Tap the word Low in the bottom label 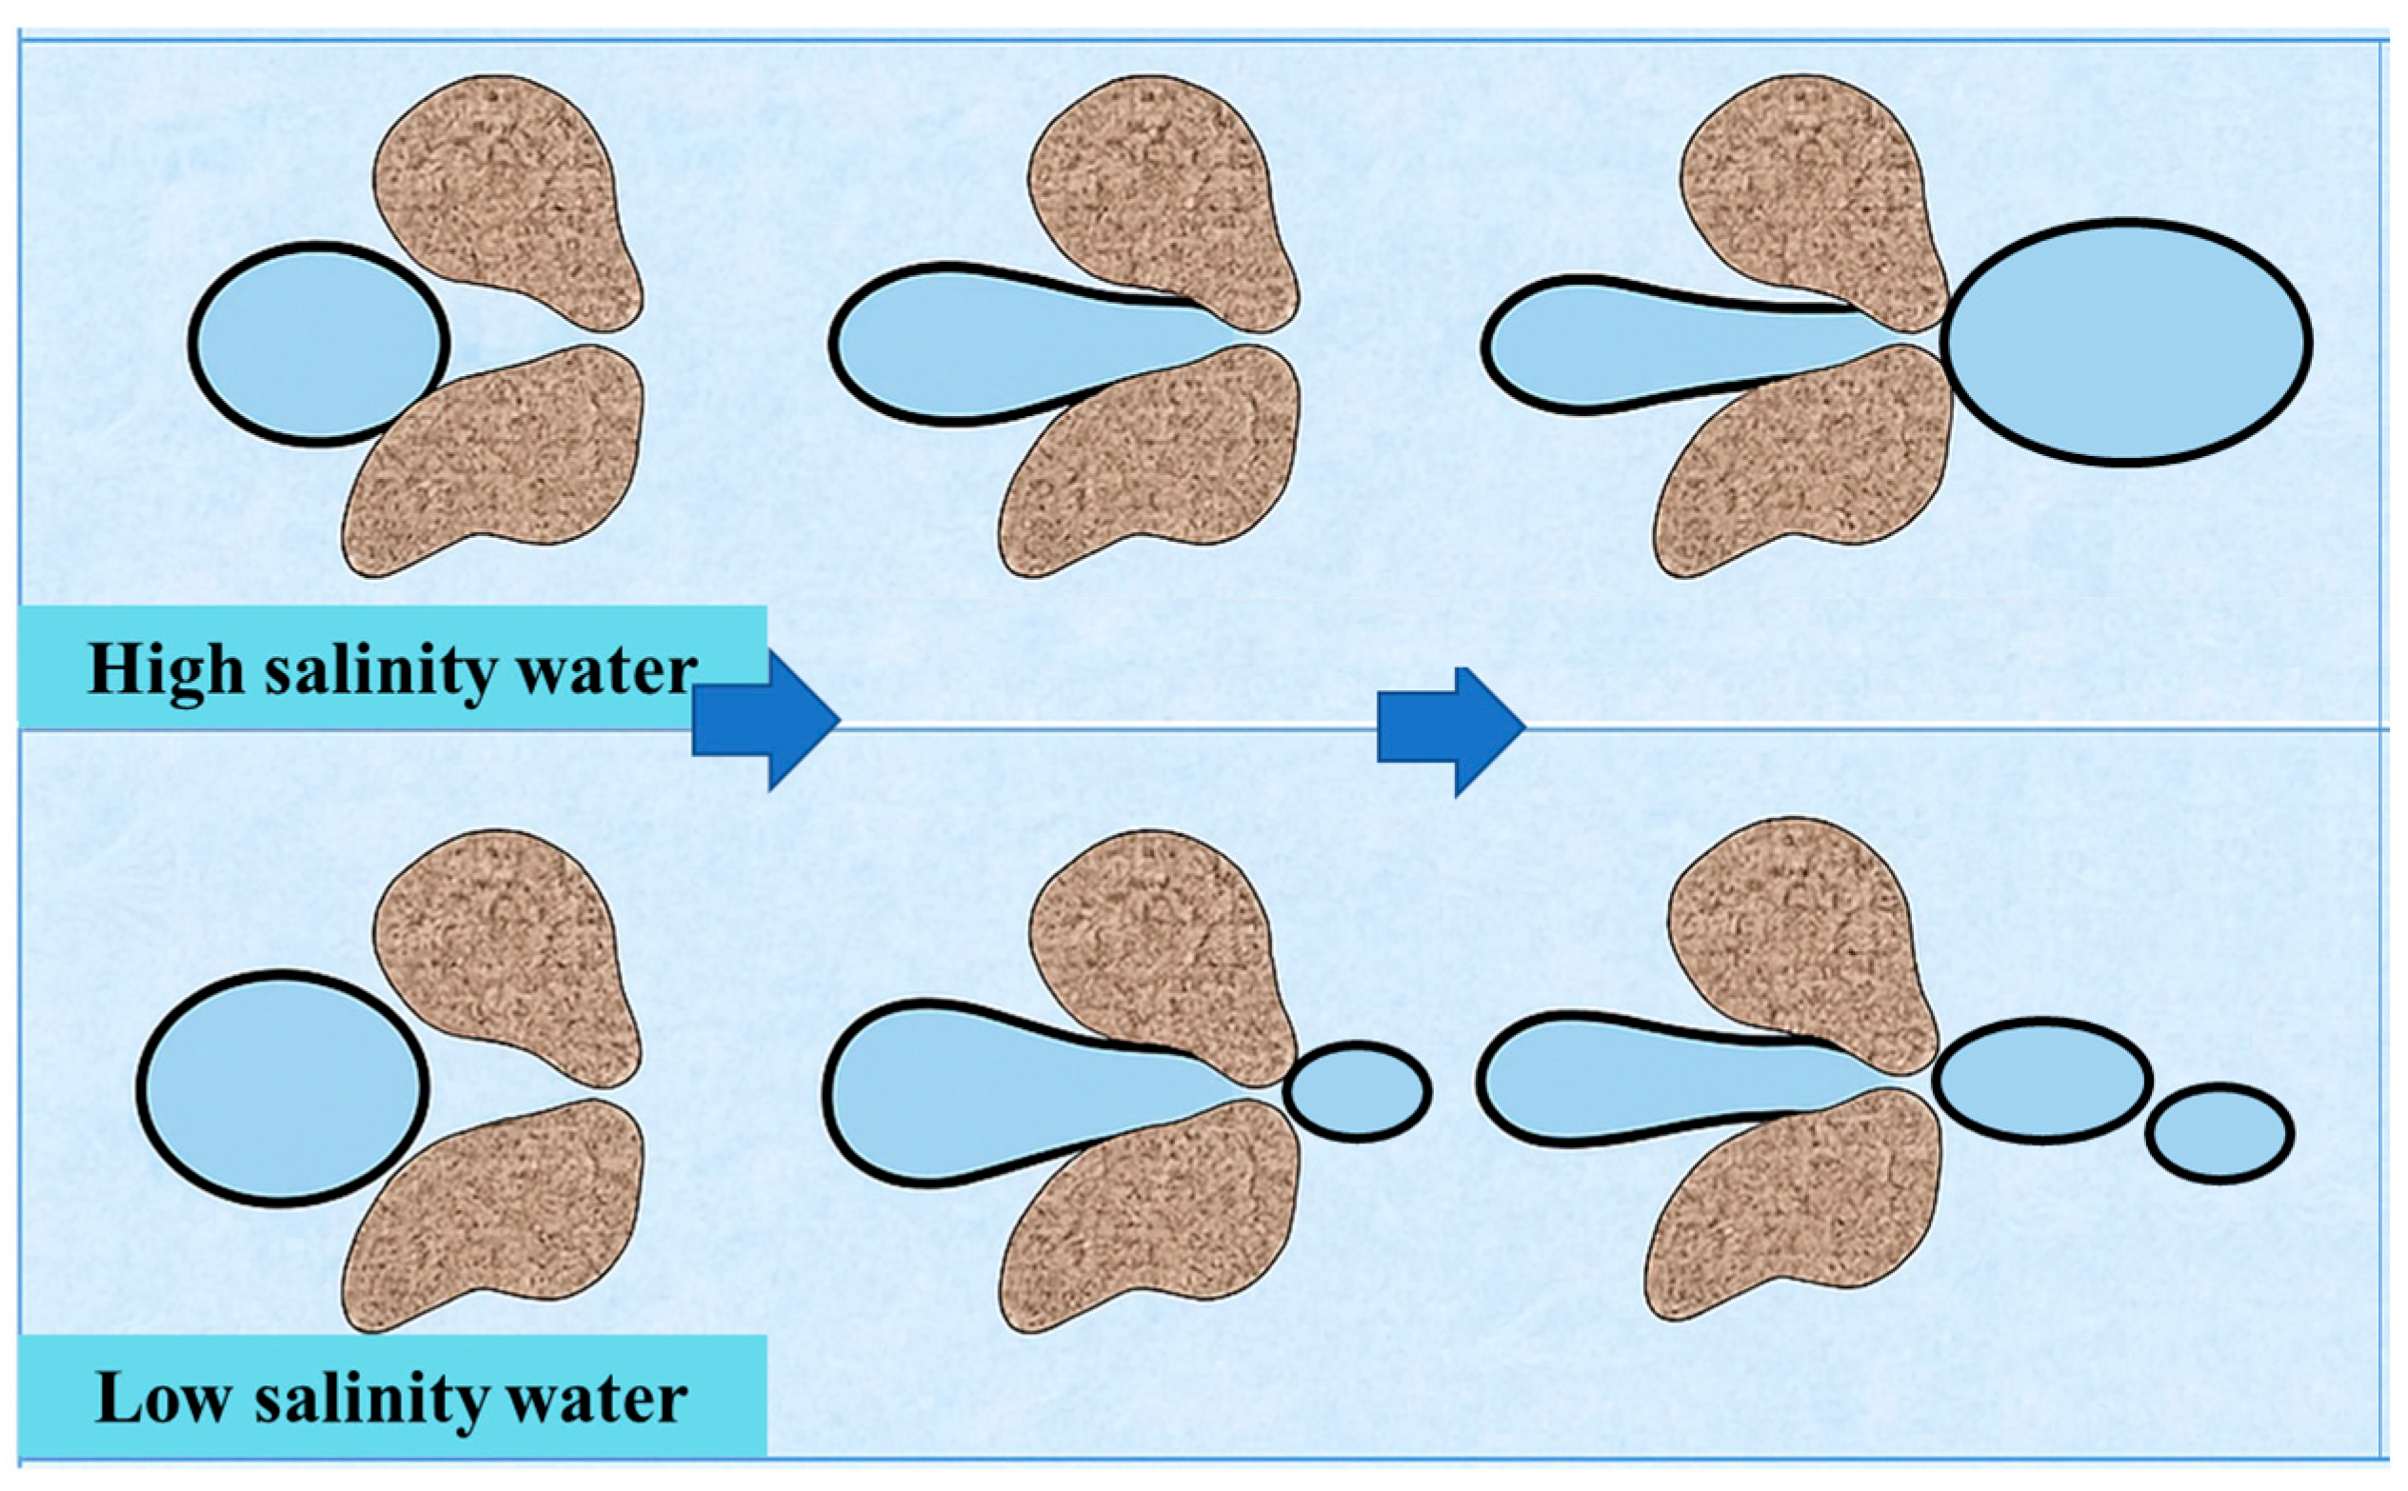tap(162, 1399)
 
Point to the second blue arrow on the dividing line tap(1450, 730)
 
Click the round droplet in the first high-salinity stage tap(319, 343)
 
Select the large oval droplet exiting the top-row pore tap(2126, 340)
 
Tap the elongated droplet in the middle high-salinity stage tap(986, 342)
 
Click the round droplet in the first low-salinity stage tap(282, 1087)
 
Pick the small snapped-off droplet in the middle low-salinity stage tap(1356, 1092)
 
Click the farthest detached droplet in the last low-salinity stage tap(2219, 1133)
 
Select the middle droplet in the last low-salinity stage tap(2041, 1081)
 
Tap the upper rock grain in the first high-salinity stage tap(507, 197)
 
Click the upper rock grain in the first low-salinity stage tap(507, 951)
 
